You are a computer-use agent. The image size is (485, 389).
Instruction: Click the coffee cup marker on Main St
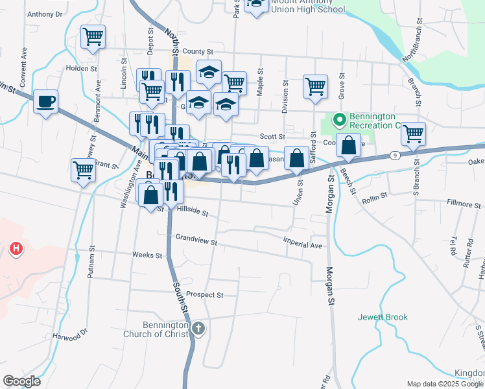click(46, 102)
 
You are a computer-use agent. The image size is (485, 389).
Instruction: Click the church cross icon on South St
click(198, 329)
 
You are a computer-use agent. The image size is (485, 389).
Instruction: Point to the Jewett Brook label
click(383, 317)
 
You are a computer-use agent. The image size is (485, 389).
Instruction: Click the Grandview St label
click(196, 241)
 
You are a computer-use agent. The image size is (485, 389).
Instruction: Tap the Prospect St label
click(204, 294)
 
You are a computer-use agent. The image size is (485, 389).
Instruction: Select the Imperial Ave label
click(302, 246)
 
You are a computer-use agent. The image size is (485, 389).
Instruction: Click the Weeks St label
click(147, 255)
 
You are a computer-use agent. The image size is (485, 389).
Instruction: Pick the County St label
click(198, 51)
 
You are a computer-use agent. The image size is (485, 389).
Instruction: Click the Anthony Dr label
click(45, 14)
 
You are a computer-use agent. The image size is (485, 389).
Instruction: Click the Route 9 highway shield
click(394, 155)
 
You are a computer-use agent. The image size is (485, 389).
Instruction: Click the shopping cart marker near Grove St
click(315, 86)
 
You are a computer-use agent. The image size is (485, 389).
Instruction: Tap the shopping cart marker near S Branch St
click(413, 134)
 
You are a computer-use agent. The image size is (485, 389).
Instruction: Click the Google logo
click(21, 381)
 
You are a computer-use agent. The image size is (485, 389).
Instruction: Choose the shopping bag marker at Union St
click(297, 159)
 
